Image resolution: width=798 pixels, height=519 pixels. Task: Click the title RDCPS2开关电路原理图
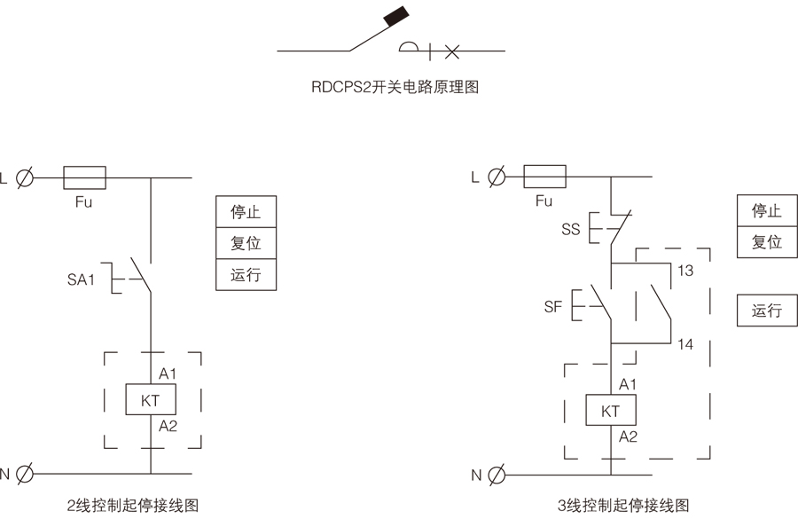[395, 88]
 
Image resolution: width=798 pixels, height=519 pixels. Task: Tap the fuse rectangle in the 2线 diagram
[84, 177]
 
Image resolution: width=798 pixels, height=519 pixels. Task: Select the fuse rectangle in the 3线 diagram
[545, 177]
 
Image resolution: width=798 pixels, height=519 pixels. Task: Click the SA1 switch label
[81, 279]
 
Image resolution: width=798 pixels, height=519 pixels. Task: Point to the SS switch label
[570, 229]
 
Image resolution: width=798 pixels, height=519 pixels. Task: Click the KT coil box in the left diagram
[151, 400]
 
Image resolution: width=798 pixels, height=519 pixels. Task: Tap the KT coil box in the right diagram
[610, 411]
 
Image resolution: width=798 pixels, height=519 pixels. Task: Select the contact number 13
[685, 271]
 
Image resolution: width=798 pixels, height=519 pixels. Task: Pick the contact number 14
[685, 343]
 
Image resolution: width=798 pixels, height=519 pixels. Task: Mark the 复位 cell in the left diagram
[246, 242]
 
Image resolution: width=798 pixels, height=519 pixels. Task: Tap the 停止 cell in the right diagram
[767, 210]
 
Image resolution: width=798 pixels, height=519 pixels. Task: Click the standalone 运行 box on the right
[767, 311]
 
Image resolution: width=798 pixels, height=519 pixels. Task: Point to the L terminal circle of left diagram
[26, 177]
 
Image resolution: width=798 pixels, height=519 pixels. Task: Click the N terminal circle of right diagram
[497, 474]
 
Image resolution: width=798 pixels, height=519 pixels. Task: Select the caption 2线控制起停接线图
[132, 506]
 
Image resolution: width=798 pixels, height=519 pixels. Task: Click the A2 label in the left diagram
[168, 427]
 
